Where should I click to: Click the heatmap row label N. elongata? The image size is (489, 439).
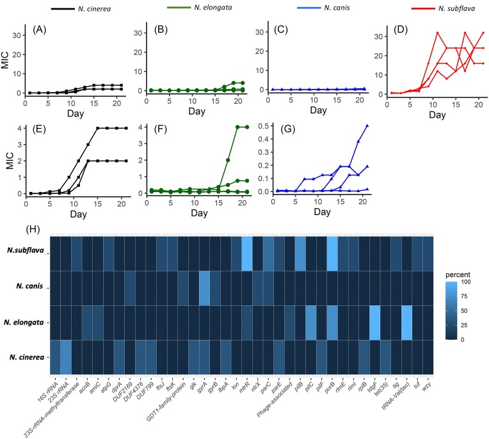pos(23,322)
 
